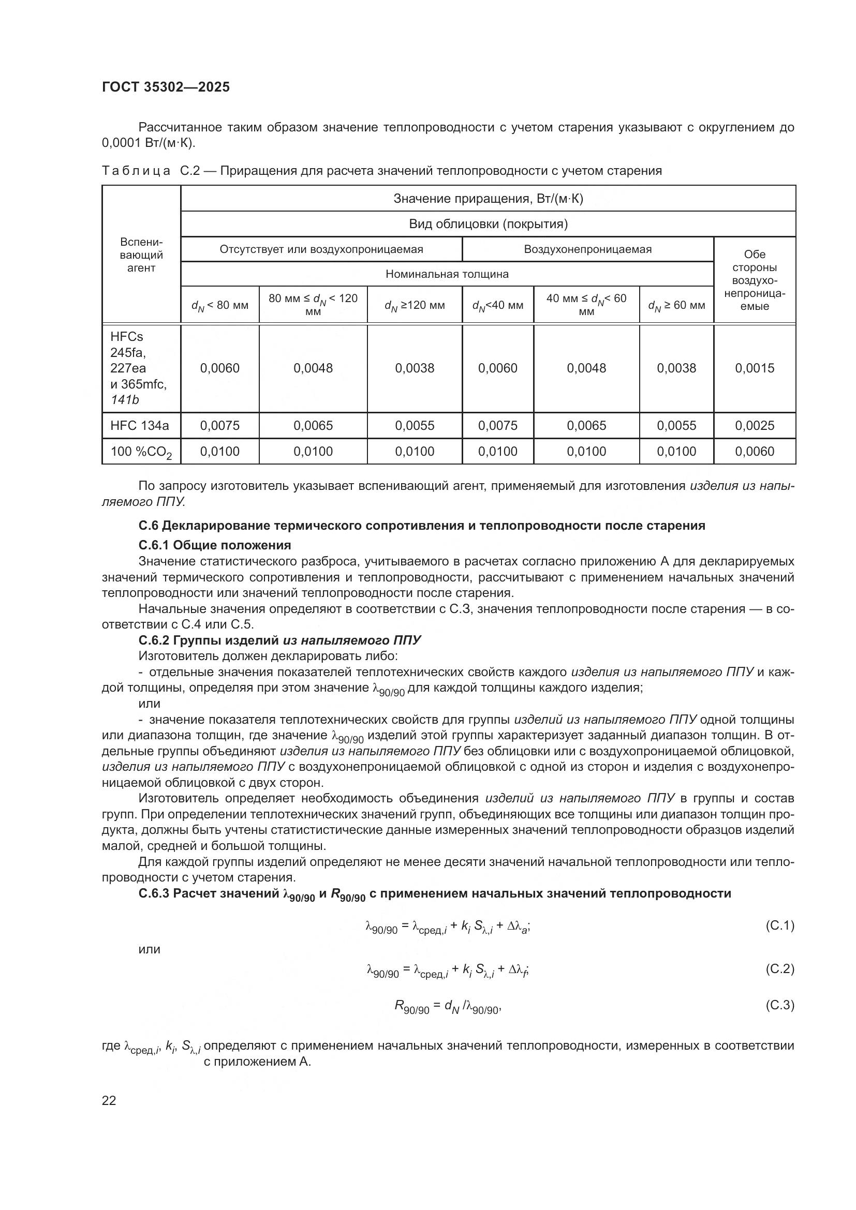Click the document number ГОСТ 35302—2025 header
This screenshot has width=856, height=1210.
166,87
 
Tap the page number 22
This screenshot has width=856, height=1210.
109,1100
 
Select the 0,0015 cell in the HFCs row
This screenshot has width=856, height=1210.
754,368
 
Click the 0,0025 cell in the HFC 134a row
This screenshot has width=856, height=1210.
754,425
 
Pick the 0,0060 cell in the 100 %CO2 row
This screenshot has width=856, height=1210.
754,451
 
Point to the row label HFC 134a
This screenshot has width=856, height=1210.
140,425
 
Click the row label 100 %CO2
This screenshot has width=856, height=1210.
141,452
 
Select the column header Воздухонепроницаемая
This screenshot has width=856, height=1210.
587,249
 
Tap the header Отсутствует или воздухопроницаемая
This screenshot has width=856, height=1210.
321,249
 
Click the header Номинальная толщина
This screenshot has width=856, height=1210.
447,274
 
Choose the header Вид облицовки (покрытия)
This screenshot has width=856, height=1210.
488,224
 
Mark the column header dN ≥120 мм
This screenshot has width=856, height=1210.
415,305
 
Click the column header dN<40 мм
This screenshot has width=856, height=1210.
497,305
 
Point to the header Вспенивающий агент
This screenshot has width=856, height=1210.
141,255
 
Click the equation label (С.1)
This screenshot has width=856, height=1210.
779,925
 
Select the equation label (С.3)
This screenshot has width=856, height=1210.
779,1005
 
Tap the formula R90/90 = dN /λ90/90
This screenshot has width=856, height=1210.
447,1007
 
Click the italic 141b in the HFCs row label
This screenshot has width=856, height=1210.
125,400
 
